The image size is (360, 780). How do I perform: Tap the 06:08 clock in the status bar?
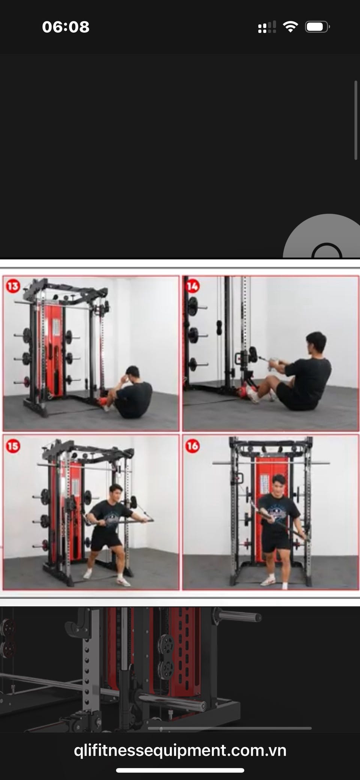[x=66, y=27]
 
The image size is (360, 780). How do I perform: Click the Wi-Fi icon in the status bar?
[x=290, y=27]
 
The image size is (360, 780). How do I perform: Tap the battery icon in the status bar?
[x=317, y=27]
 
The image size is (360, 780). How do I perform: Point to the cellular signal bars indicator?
[x=267, y=27]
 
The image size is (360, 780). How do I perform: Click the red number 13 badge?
[x=13, y=286]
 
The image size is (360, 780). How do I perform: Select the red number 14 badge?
[x=192, y=287]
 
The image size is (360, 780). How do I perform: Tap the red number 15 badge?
[x=13, y=446]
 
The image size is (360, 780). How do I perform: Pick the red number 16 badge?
[x=192, y=446]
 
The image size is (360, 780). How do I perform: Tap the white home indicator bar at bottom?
[x=180, y=771]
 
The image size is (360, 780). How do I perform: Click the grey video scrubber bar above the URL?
[x=229, y=728]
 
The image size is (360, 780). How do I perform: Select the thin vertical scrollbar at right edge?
[x=356, y=120]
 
